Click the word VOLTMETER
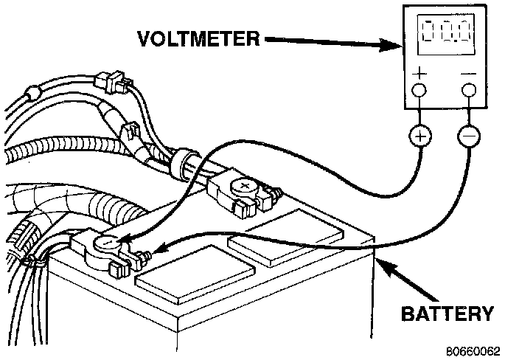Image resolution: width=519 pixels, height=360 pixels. click(197, 38)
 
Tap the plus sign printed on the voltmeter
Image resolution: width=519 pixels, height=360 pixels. click(419, 73)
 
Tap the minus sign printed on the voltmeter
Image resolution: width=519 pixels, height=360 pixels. click(468, 73)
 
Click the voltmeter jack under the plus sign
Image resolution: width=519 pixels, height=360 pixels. click(419, 91)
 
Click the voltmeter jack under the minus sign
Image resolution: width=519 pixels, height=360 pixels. click(468, 91)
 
